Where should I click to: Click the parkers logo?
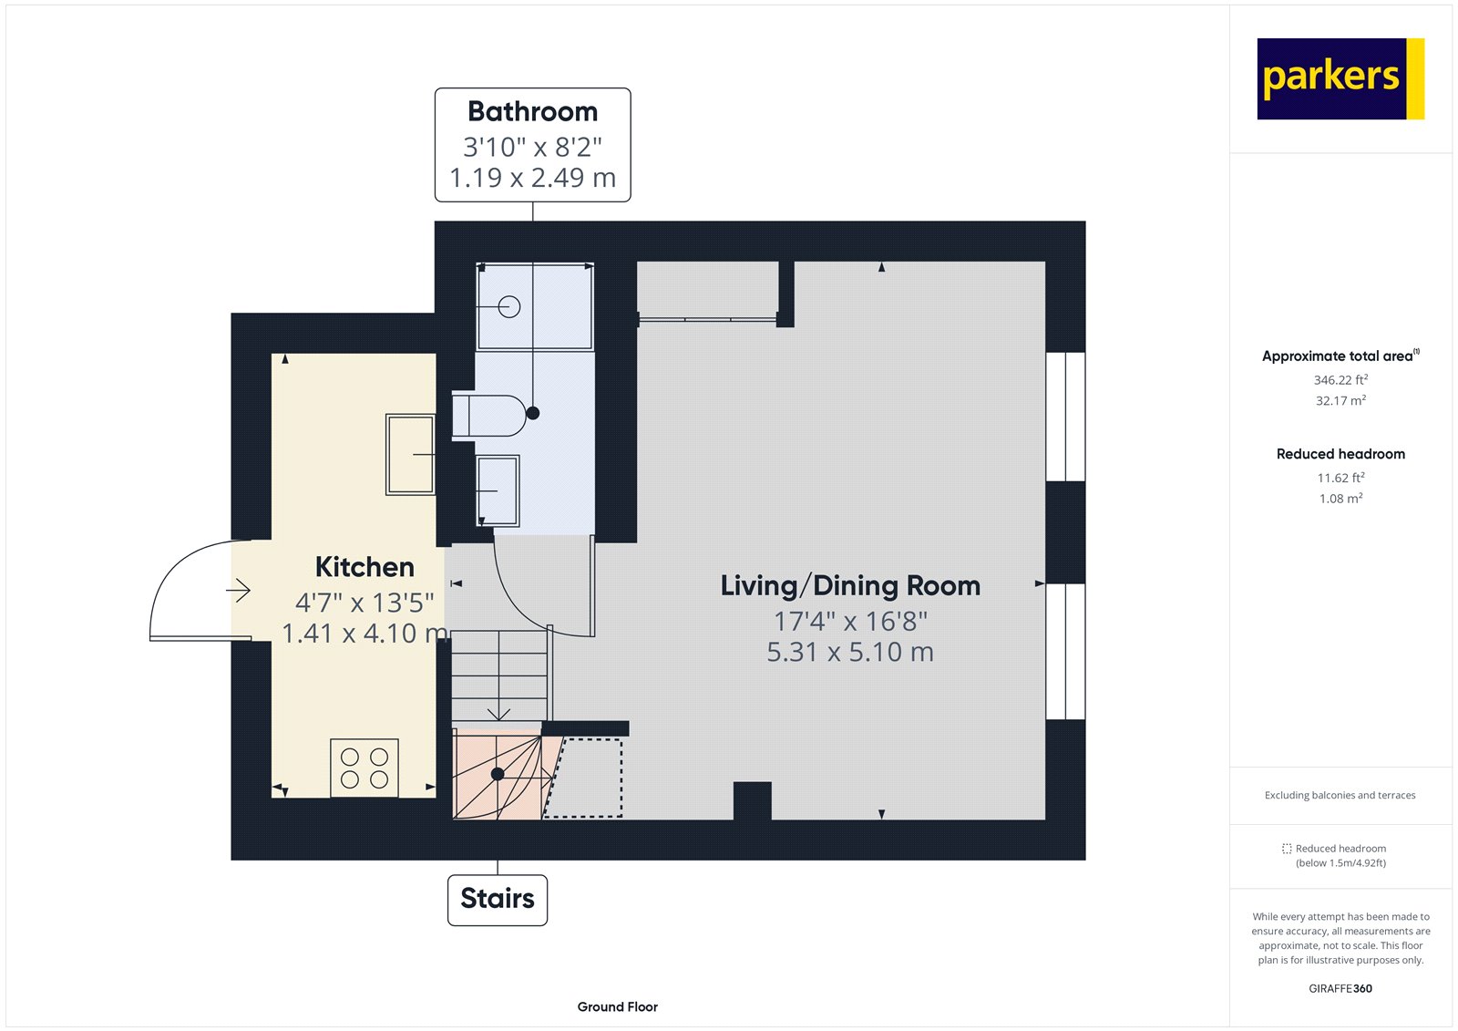point(1340,78)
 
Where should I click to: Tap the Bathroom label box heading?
point(533,111)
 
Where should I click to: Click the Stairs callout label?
point(498,899)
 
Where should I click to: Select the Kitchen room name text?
point(364,567)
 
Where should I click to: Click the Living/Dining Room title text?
point(850,585)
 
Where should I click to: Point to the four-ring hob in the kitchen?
point(364,768)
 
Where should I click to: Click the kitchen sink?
point(410,454)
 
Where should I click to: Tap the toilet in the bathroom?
point(489,416)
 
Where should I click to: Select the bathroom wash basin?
point(498,491)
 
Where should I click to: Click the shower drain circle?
point(509,307)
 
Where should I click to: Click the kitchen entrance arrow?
point(239,591)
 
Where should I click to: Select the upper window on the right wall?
point(1065,417)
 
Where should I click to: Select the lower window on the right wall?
point(1065,651)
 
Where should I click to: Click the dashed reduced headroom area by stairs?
point(588,778)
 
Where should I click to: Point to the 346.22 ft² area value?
point(1340,380)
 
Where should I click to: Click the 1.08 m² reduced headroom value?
point(1340,499)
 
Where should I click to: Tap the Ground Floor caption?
point(617,1006)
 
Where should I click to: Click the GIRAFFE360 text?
point(1340,988)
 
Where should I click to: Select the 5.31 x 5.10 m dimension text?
point(850,653)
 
